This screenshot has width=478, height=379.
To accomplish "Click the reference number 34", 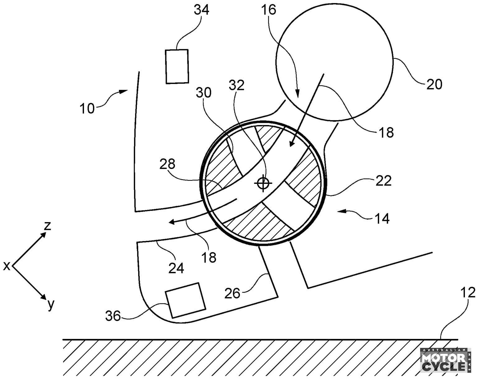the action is click(201, 10).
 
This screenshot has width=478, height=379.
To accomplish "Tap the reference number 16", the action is click(269, 10).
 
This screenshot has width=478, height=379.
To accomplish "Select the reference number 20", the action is click(434, 84).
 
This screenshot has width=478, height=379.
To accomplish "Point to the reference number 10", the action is click(87, 109).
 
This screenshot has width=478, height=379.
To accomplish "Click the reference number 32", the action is click(237, 85).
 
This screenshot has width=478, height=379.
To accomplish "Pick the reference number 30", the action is click(204, 92).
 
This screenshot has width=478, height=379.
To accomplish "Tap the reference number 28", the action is click(167, 164).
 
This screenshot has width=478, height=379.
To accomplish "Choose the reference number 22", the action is click(383, 180).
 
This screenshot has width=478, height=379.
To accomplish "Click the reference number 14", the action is click(382, 218).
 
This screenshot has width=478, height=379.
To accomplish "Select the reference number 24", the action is click(176, 268).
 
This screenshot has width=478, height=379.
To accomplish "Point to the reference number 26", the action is click(232, 293).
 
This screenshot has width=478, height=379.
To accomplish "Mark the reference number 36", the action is click(113, 316).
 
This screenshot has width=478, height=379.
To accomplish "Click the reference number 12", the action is click(468, 292).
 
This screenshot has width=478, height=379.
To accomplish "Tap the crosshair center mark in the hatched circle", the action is click(263, 183).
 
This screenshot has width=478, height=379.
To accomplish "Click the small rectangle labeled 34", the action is click(177, 66).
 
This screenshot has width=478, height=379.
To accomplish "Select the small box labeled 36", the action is click(186, 300).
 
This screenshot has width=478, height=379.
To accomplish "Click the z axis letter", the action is click(48, 226).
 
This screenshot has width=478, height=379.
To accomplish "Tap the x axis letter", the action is click(7, 266).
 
